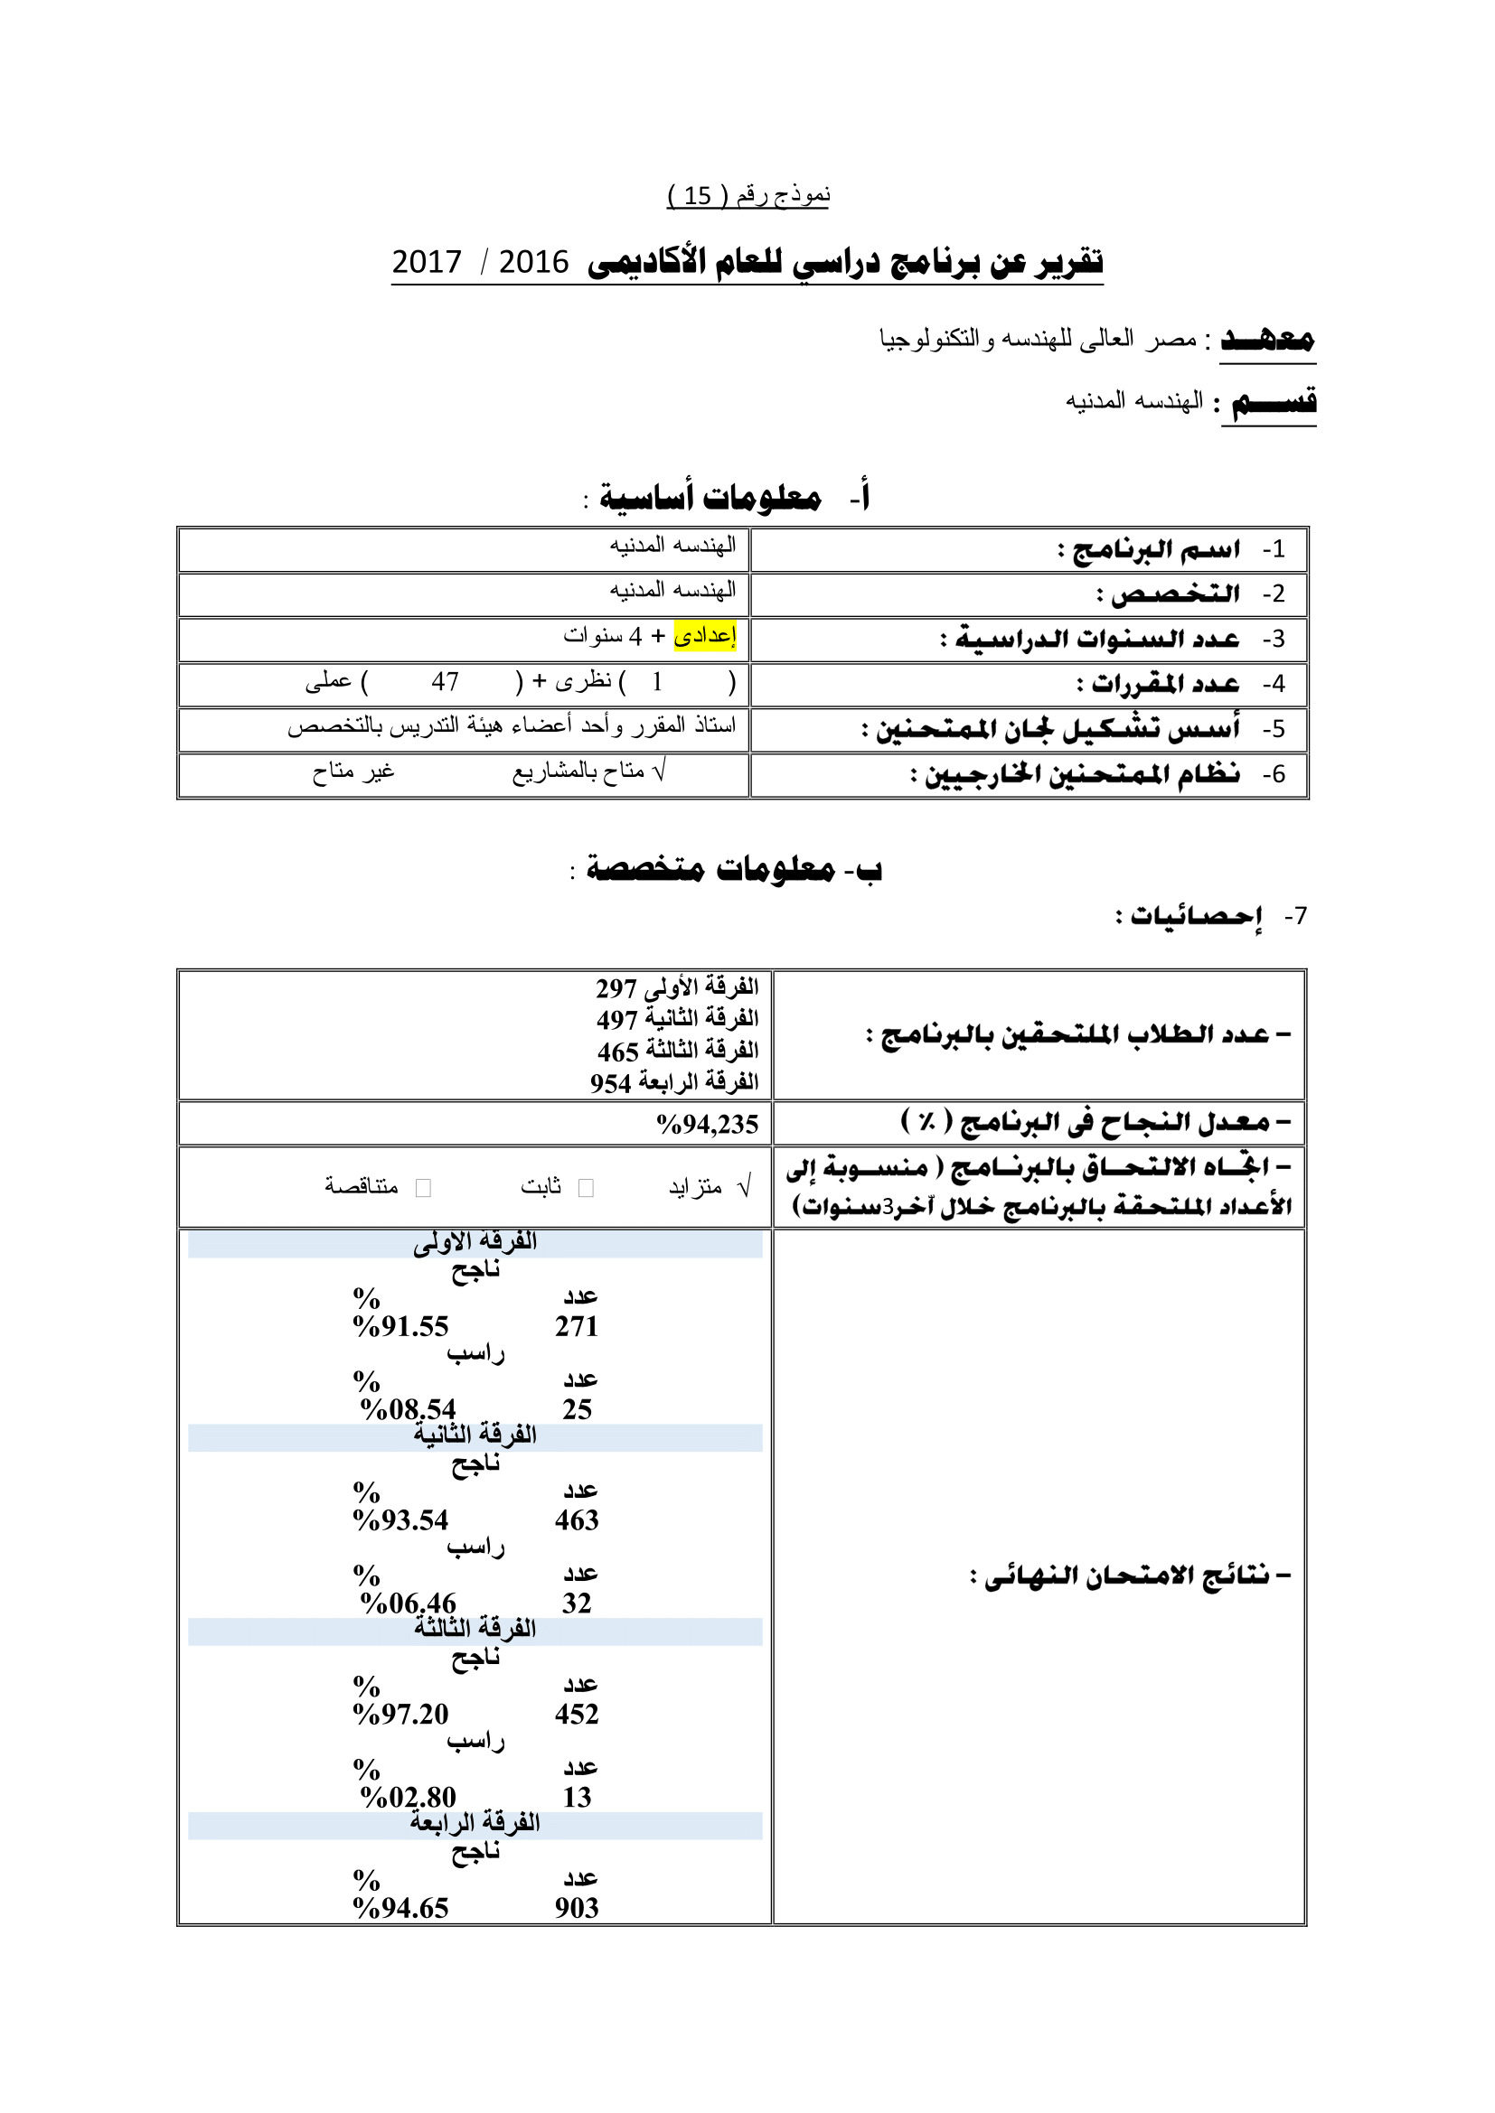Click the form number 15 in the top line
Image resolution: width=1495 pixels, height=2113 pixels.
[697, 196]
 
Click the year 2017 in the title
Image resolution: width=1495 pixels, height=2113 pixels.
[427, 262]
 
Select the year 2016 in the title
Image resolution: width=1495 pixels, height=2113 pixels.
[534, 262]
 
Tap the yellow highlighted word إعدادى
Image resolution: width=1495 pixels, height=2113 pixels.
[705, 635]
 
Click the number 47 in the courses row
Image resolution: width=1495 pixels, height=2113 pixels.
[445, 682]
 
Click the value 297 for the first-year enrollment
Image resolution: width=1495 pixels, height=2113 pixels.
[616, 988]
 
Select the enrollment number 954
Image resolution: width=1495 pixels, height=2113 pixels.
[610, 1083]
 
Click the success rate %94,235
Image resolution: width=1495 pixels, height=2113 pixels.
[707, 1124]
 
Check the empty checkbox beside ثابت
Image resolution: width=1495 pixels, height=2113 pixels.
[586, 1188]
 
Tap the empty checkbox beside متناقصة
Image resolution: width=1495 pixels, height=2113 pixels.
[423, 1188]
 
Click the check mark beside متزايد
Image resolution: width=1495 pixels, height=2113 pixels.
[745, 1186]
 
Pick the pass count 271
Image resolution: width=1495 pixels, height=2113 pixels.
[577, 1326]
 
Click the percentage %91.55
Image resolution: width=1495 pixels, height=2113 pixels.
[400, 1326]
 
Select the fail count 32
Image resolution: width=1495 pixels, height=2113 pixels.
[577, 1603]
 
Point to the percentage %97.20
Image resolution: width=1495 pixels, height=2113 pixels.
[400, 1714]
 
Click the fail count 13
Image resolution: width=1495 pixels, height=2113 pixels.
[577, 1797]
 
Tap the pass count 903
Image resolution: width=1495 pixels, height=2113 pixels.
[577, 1908]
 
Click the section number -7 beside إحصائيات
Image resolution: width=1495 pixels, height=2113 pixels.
[1295, 916]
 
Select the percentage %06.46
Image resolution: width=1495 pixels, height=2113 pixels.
[408, 1603]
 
